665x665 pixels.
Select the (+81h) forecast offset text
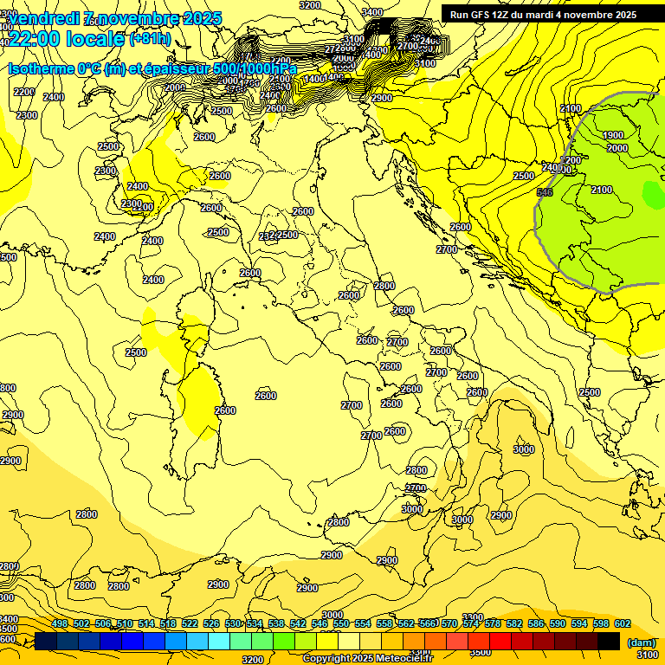(x=149, y=39)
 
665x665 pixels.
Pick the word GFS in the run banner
(x=485, y=15)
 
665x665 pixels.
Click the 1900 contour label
(x=612, y=135)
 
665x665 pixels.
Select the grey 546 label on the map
(x=545, y=192)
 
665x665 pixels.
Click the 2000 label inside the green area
(x=617, y=148)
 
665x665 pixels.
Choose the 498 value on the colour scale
(x=59, y=623)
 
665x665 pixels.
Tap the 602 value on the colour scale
(x=623, y=623)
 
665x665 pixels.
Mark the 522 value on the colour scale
(x=190, y=623)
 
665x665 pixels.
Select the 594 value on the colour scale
(x=579, y=623)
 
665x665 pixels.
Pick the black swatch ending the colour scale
(x=609, y=641)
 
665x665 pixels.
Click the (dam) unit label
(x=642, y=642)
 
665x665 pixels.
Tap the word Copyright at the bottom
(x=327, y=659)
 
